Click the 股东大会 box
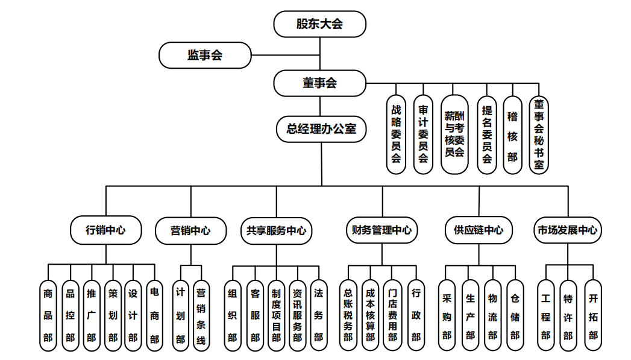pyautogui.click(x=319, y=24)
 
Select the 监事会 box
pyautogui.click(x=204, y=55)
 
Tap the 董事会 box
pyautogui.click(x=319, y=83)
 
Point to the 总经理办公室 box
pyautogui.click(x=321, y=128)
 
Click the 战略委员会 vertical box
pyautogui.click(x=396, y=134)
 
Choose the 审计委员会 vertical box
pyautogui.click(x=423, y=134)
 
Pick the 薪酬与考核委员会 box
pyautogui.click(x=454, y=134)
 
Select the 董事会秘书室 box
pyautogui.click(x=539, y=134)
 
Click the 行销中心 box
pyautogui.click(x=106, y=230)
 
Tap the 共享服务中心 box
pyautogui.click(x=277, y=230)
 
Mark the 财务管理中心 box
pyautogui.click(x=382, y=230)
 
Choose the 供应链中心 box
pyautogui.click(x=479, y=230)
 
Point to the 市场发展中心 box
pyautogui.click(x=568, y=230)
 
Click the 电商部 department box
pyautogui.click(x=154, y=315)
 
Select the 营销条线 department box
pyautogui.click(x=201, y=315)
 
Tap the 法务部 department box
pyautogui.click(x=319, y=315)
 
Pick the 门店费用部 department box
pyautogui.click(x=393, y=315)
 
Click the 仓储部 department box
pyautogui.click(x=515, y=315)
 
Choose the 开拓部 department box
pyautogui.click(x=594, y=315)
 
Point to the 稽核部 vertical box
pyautogui.click(x=512, y=134)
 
